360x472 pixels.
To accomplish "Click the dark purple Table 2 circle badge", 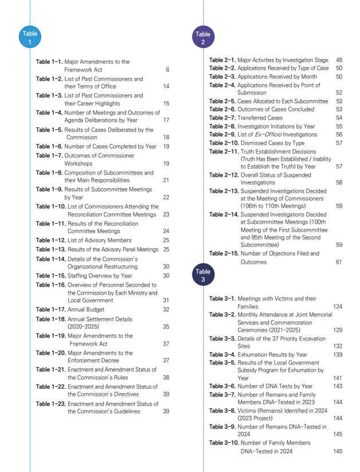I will coord(203,38).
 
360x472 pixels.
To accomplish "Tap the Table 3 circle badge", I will coord(203,275).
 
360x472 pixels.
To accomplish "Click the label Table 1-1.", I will coord(49,61).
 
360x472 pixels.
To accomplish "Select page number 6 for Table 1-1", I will coord(167,70).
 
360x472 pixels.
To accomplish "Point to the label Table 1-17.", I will coord(51,309).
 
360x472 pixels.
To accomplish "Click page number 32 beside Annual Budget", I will coord(166,309).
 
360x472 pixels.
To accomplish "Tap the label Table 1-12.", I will coord(51,240).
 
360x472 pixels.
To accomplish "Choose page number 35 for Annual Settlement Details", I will coord(166,327).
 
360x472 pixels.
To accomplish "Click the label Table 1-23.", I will coord(51,403).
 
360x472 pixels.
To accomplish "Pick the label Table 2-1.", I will coord(223,60).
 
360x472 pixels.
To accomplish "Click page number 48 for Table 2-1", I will coord(339,60).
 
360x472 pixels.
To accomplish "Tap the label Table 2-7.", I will coord(223,118).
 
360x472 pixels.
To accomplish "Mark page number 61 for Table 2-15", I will coord(339,261).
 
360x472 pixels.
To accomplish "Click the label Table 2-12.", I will coord(224,174).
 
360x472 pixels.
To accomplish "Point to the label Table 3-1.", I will coord(223,299).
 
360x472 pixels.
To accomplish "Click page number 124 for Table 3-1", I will coord(338,307).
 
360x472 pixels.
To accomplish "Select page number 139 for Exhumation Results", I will coord(338,355).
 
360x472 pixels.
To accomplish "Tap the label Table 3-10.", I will coord(224,443).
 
